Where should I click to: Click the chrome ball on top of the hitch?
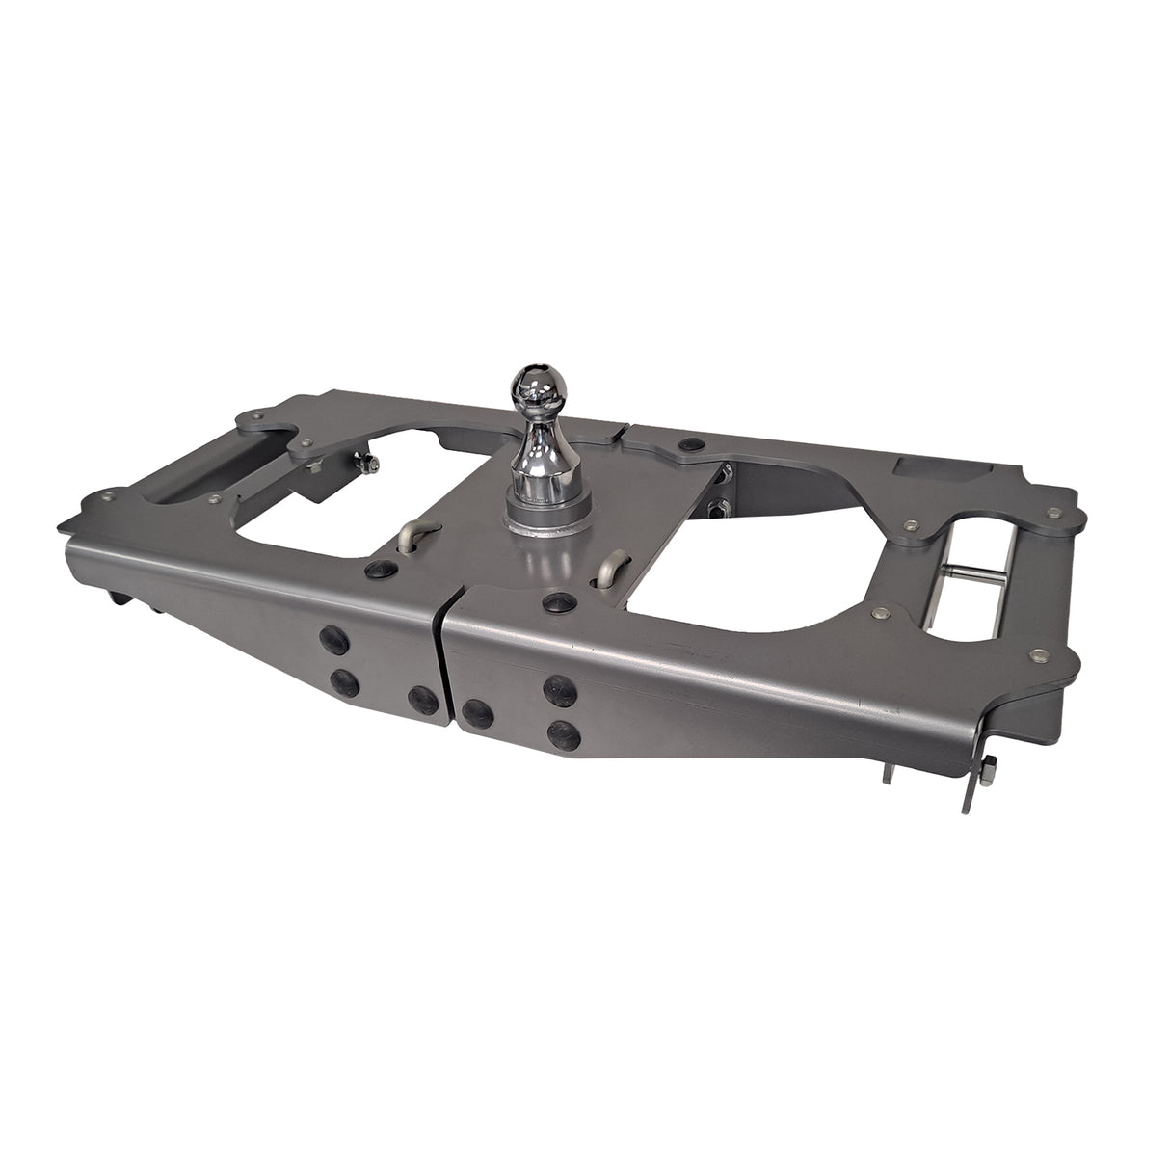533,388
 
